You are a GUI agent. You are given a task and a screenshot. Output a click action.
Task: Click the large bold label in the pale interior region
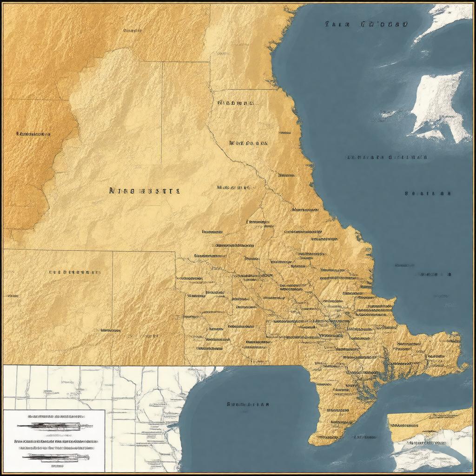(x=144, y=190)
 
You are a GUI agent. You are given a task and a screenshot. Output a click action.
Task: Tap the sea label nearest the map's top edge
(x=366, y=24)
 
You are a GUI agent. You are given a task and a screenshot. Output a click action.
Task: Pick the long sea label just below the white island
(x=386, y=157)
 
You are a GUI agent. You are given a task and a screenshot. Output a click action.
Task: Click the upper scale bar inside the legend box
(x=51, y=425)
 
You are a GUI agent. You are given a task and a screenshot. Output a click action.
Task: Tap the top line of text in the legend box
(x=56, y=416)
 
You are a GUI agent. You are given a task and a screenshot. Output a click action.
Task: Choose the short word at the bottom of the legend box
(x=57, y=465)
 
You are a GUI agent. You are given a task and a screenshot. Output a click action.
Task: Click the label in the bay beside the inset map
(x=247, y=404)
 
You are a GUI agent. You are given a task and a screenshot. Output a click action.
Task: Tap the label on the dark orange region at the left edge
(x=33, y=134)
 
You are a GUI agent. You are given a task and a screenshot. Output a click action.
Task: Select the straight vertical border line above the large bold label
(x=162, y=112)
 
